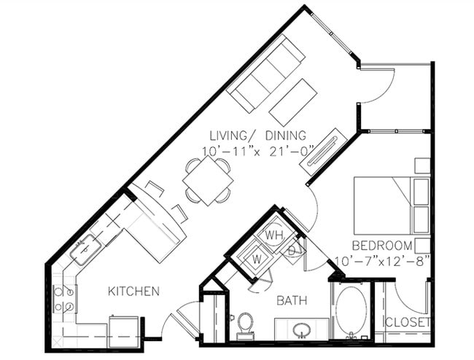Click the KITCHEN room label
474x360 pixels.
point(133,291)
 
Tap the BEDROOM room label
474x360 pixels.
point(381,245)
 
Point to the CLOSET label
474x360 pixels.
point(407,321)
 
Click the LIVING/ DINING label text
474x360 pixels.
point(257,136)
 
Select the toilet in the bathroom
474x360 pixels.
point(246,324)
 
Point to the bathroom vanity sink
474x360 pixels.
point(300,330)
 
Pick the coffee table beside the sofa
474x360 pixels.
point(293,102)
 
